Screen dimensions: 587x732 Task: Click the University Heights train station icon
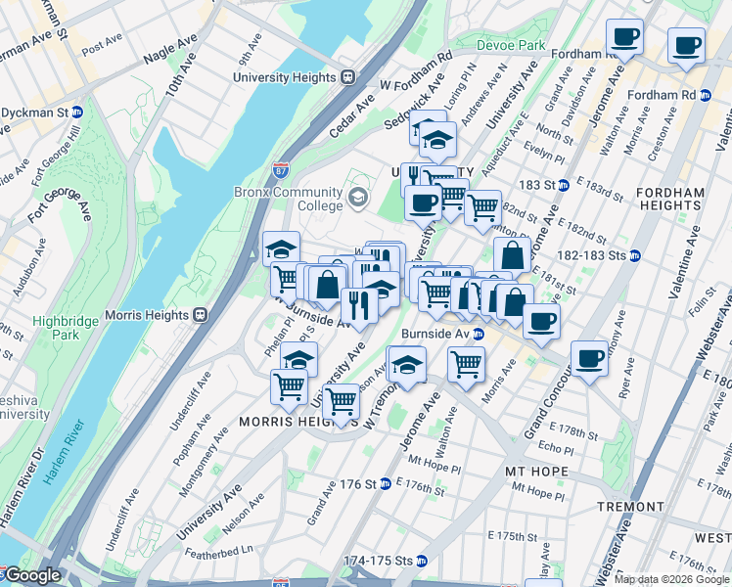click(347, 77)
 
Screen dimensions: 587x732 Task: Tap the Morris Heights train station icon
click(200, 315)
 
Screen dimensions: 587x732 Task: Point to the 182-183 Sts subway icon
click(635, 256)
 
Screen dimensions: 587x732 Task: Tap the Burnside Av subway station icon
click(478, 334)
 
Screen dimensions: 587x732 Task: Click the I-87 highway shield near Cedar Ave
click(281, 171)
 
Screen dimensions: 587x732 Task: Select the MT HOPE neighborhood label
click(535, 472)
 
